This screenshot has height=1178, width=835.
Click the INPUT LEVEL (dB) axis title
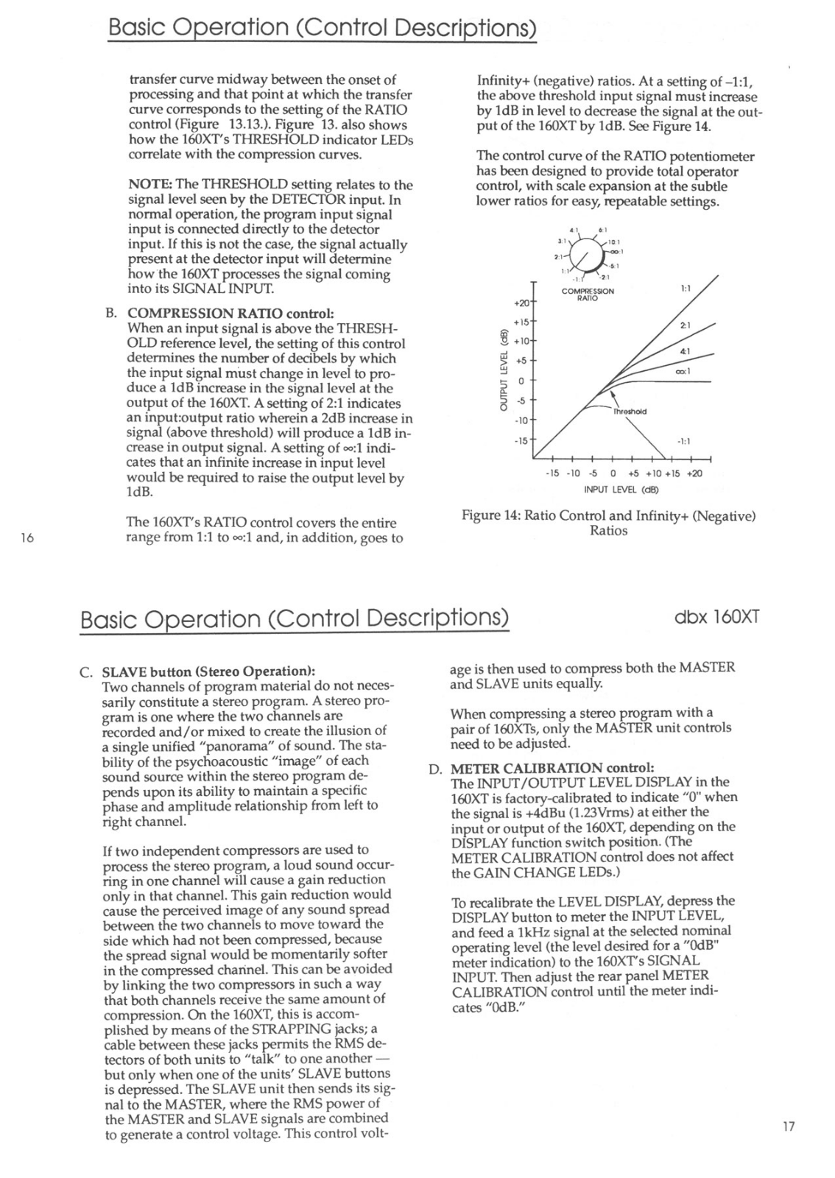click(621, 489)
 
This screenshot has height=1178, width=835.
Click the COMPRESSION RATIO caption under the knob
click(588, 294)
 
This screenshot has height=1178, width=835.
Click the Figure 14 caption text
click(608, 523)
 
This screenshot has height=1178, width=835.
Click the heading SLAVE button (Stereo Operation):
click(208, 671)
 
